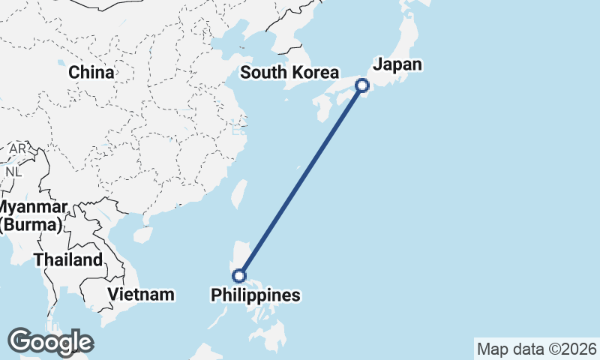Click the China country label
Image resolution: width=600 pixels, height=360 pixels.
pos(91,73)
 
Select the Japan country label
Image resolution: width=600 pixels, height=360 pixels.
pos(397,64)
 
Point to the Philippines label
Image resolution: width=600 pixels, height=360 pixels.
pos(256,295)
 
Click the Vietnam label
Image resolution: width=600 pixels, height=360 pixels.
pos(141,294)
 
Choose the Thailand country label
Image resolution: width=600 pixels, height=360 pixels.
pos(67,260)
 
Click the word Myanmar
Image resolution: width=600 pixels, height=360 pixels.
pos(34,207)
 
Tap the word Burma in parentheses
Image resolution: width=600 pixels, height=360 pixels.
pos(34,223)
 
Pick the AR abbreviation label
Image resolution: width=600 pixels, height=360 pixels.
pos(17,149)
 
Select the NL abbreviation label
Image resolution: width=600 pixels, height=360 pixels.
pos(13,171)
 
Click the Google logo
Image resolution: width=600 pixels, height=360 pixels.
pos(50,342)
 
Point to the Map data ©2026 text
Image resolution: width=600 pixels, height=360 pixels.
pos(537,349)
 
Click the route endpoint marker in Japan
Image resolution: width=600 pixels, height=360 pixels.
pos(362,85)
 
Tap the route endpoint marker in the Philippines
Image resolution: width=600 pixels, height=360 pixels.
pos(239,275)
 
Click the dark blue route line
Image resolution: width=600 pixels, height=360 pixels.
pos(301,180)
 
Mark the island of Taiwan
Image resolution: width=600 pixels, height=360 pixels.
pos(239,193)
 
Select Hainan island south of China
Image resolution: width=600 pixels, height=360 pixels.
pos(141,235)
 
